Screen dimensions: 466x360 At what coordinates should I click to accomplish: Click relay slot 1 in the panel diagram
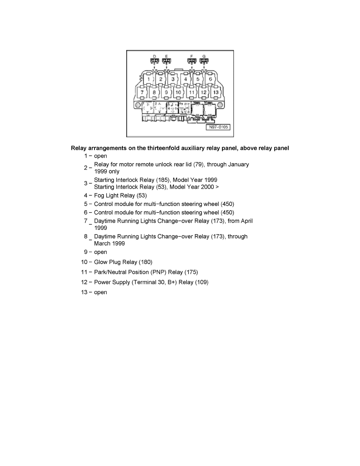click(x=148, y=79)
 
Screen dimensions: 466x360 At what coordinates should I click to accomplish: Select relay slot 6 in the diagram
click(x=210, y=79)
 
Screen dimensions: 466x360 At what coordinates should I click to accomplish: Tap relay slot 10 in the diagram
click(x=178, y=92)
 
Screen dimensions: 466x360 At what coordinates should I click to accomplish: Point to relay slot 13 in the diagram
click(x=215, y=92)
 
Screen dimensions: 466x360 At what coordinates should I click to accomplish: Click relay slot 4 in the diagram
click(x=185, y=79)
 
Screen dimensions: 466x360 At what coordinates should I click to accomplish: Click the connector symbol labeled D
click(x=155, y=62)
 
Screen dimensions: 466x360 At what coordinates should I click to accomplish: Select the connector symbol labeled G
click(x=204, y=62)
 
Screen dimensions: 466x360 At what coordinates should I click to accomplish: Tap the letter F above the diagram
click(x=192, y=56)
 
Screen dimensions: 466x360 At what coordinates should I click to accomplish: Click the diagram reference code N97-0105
click(x=218, y=127)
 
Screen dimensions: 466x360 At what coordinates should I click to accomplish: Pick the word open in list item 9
click(x=100, y=252)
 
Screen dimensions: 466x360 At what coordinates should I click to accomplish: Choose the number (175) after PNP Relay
click(x=191, y=272)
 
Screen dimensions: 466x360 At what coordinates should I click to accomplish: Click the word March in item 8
click(x=102, y=243)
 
